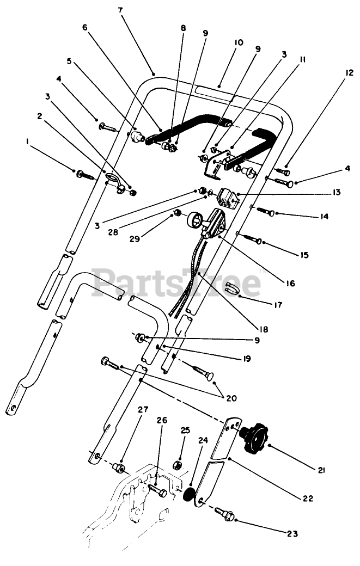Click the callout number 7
point(120,10)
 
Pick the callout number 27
point(143,411)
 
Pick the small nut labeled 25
point(178,466)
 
